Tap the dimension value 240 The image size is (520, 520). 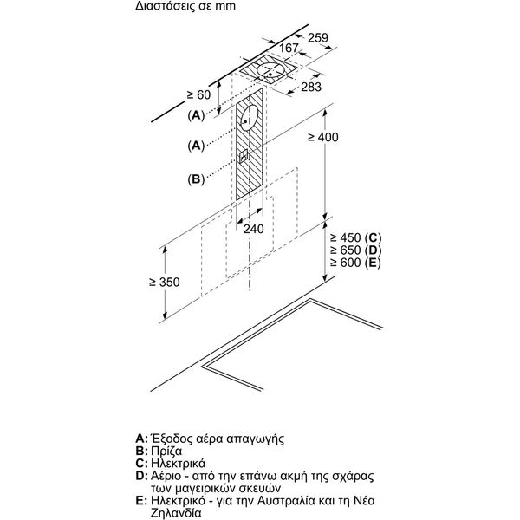coord(253,229)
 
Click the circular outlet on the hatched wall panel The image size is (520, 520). coord(250,118)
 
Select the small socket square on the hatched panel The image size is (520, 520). coord(245,157)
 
